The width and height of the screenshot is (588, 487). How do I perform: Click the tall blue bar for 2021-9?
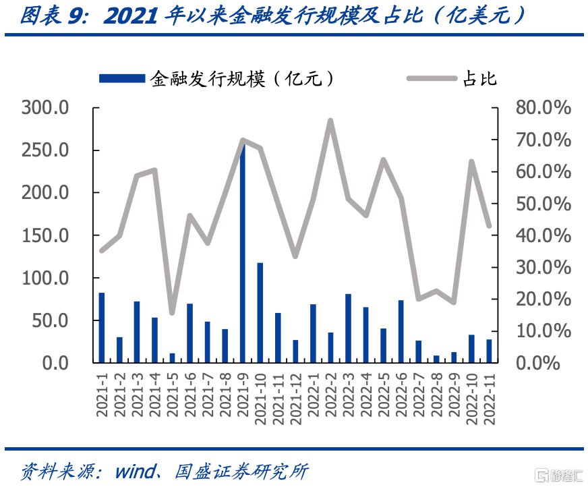(x=243, y=252)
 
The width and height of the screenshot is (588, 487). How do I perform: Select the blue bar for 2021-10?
(x=260, y=312)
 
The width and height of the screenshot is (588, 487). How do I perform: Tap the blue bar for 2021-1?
(x=102, y=328)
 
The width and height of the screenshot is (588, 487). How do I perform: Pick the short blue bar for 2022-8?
(x=436, y=359)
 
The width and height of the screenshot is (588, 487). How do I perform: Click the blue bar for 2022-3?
(x=349, y=328)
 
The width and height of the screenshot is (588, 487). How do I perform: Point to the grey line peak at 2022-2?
(x=330, y=121)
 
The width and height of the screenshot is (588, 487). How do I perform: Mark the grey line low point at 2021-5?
(x=172, y=313)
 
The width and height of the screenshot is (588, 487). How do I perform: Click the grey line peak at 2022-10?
(x=472, y=162)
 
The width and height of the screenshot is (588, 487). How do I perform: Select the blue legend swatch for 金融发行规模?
(x=122, y=78)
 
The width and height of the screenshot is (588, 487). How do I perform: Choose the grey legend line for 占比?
(x=432, y=78)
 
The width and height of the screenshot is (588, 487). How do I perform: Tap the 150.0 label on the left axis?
(x=45, y=236)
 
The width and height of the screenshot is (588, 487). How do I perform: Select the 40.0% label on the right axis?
(x=543, y=236)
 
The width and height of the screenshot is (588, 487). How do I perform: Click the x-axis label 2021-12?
(x=295, y=399)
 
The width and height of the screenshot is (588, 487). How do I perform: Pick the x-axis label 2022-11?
(x=490, y=399)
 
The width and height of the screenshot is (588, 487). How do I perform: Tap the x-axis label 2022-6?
(x=401, y=395)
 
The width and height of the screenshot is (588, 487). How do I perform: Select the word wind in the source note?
(x=136, y=471)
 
